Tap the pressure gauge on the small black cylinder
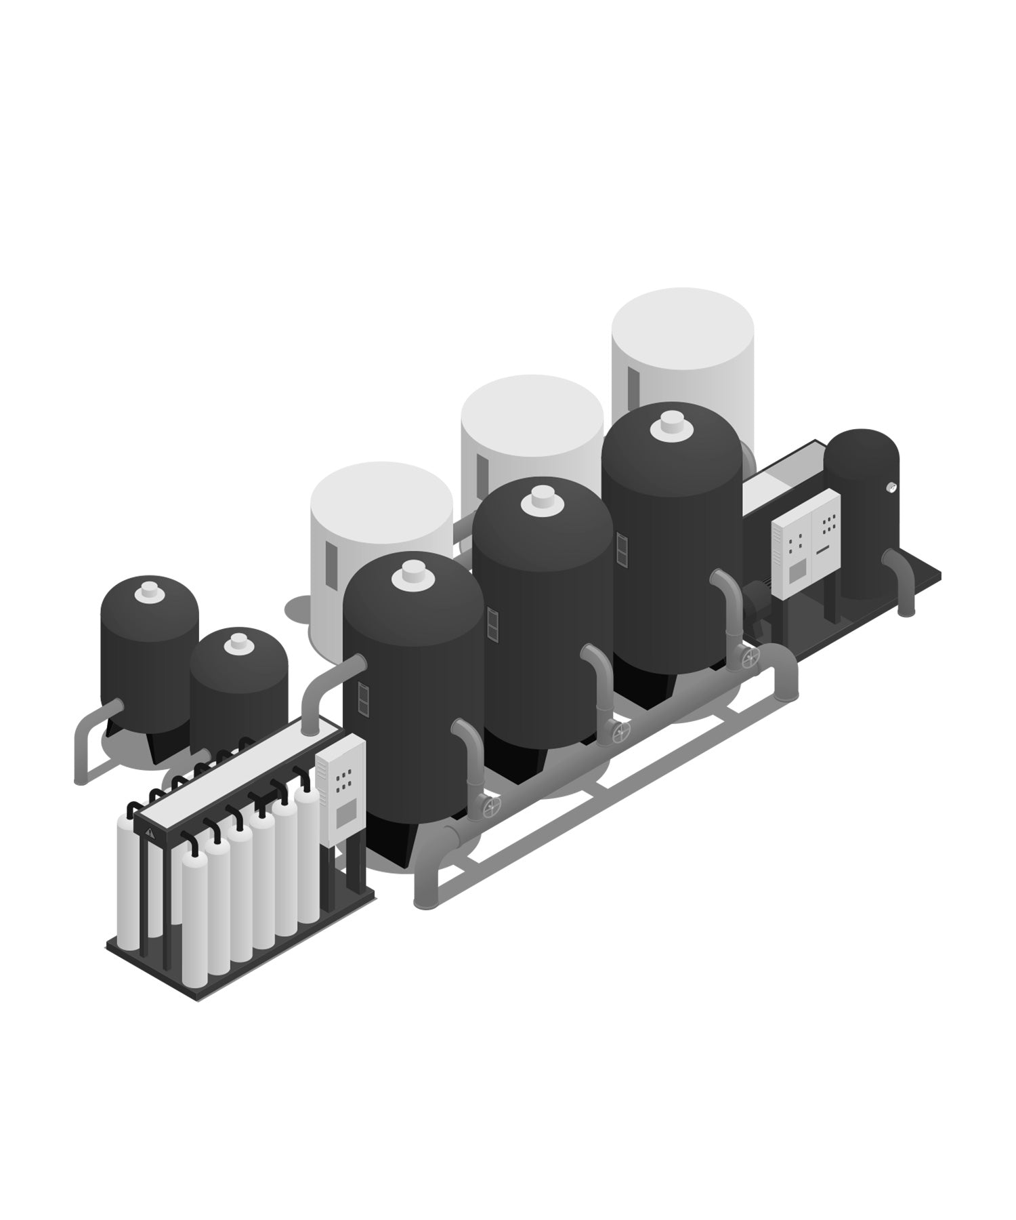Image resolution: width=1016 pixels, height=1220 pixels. pos(891,487)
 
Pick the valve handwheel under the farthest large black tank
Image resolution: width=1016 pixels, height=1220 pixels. pos(749,657)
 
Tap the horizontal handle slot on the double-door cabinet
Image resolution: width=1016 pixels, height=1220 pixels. pos(823,550)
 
